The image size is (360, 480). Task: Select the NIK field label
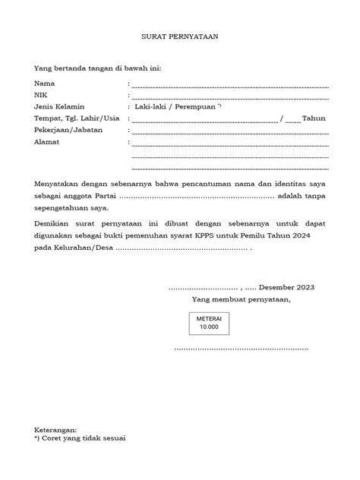41,94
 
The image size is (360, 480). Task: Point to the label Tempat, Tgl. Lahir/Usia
77,118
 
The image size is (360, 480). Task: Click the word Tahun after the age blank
315,118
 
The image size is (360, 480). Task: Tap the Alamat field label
46,141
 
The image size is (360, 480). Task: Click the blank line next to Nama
230,84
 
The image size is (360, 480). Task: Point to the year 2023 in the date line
306,288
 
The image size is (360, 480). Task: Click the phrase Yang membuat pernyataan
241,299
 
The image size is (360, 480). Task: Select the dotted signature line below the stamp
241,349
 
